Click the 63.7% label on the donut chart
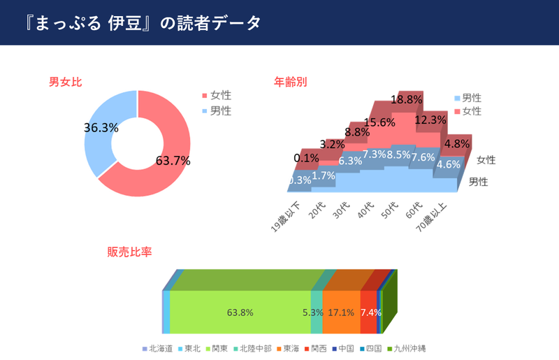tap(173, 161)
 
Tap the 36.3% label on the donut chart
tap(101, 128)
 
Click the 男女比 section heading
tap(66, 82)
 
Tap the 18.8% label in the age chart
tap(406, 99)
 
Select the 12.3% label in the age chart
tap(430, 120)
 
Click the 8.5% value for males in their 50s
tap(398, 155)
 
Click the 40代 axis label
tap(365, 210)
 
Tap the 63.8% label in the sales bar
tap(240, 312)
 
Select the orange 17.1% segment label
tap(341, 312)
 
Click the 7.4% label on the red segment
tap(370, 312)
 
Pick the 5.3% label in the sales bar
tap(312, 312)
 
